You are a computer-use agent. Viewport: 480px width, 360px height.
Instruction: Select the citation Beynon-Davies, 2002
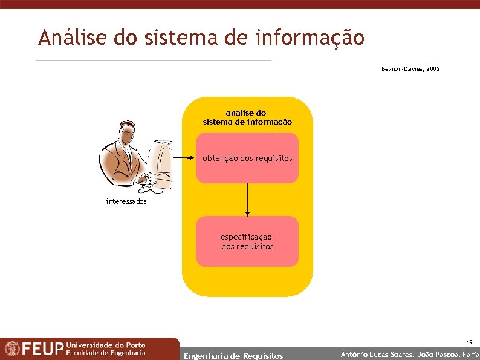point(410,69)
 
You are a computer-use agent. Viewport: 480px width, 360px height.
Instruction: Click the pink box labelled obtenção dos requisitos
point(247,158)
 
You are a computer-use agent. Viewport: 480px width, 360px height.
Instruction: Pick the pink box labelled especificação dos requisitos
point(247,241)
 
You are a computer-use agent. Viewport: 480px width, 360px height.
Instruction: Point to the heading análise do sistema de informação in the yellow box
point(247,117)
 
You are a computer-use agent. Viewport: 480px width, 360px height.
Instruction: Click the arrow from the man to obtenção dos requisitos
point(184,158)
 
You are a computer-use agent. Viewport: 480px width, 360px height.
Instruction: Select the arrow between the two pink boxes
point(247,199)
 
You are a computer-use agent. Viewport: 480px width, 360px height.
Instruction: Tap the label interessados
point(126,201)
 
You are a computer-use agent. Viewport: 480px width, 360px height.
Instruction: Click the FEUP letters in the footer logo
point(42,349)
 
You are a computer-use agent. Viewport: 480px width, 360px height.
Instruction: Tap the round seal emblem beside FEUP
point(11,349)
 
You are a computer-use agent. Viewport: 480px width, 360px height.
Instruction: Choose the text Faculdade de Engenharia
point(106,353)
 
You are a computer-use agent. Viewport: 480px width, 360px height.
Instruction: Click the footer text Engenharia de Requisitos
point(233,356)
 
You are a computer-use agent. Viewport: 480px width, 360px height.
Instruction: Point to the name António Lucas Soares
point(377,355)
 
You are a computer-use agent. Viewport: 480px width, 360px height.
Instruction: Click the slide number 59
point(469,342)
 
